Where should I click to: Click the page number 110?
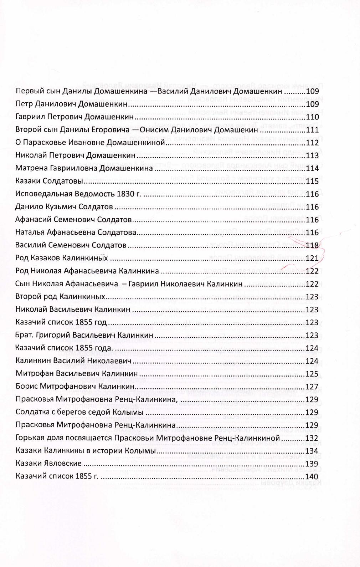pyautogui.click(x=312, y=117)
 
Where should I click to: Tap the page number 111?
pyautogui.click(x=312, y=130)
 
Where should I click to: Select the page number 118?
pyautogui.click(x=312, y=246)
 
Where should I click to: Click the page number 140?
pyautogui.click(x=312, y=477)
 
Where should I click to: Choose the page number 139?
pyautogui.click(x=312, y=464)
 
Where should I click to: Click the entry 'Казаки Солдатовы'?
pyautogui.click(x=49, y=182)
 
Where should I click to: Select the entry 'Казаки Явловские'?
pyautogui.click(x=49, y=464)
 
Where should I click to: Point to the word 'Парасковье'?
pyautogui.click(x=42, y=143)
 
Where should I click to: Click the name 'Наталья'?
pyautogui.click(x=30, y=233)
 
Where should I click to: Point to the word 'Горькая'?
pyautogui.click(x=29, y=438)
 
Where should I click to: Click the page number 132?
pyautogui.click(x=312, y=438)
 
